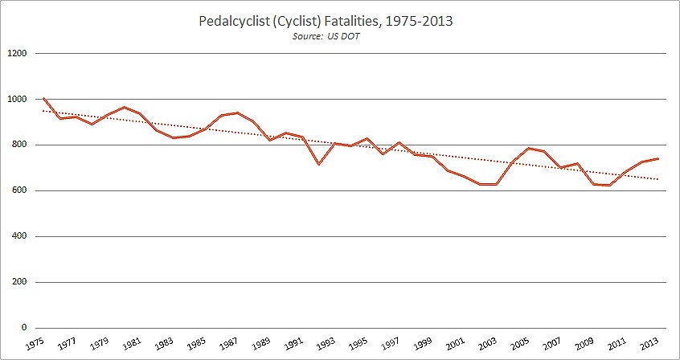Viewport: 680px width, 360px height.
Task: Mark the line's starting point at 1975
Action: pyautogui.click(x=43, y=99)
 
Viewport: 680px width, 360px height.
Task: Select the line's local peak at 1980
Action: pyautogui.click(x=124, y=107)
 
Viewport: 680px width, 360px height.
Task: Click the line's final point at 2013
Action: pyautogui.click(x=658, y=158)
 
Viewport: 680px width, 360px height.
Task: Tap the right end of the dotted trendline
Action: pyautogui.click(x=658, y=179)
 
